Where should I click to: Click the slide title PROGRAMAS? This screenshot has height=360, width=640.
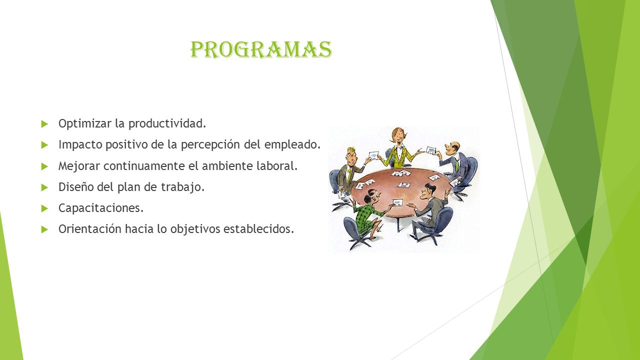point(261,49)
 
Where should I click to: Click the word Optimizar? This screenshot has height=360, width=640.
point(85,123)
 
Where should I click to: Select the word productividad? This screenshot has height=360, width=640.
point(167,123)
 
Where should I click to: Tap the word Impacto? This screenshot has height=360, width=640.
point(80,144)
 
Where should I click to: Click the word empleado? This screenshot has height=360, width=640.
point(292,144)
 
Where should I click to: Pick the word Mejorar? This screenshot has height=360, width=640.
point(79,166)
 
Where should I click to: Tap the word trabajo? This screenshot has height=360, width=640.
point(183,187)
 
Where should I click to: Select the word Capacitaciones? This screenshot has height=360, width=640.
point(101,208)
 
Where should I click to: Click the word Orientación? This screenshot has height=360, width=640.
point(90,229)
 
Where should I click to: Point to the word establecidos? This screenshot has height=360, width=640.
point(258,229)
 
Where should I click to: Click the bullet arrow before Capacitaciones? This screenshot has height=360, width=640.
point(44,208)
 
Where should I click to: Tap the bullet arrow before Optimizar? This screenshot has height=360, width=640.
point(44,124)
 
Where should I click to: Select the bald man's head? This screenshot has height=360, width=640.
point(453,148)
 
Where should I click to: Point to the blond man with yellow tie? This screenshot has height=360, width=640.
point(349,171)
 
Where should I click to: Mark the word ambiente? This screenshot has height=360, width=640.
point(227,165)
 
